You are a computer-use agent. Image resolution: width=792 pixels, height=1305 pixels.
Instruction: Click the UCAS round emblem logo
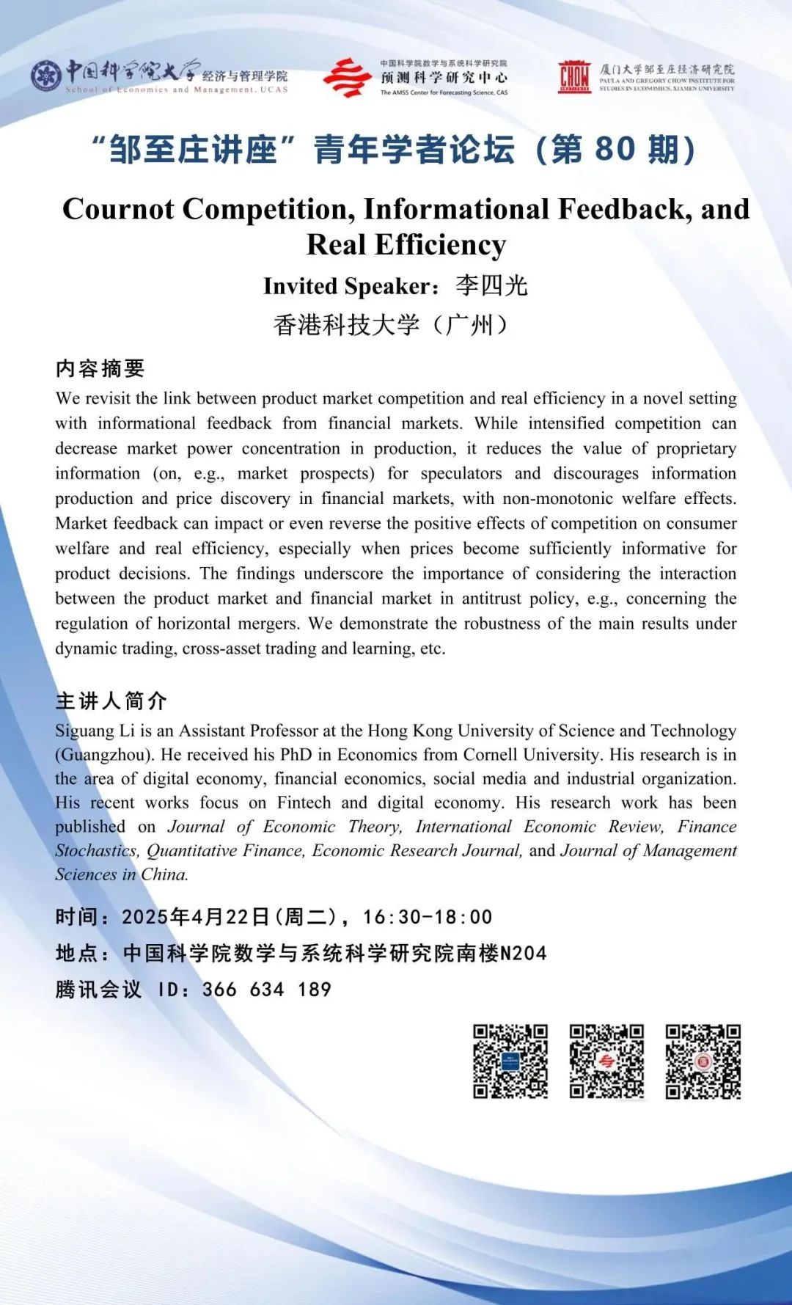click(x=46, y=76)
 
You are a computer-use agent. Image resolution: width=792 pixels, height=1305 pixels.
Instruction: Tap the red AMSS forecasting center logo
click(x=346, y=78)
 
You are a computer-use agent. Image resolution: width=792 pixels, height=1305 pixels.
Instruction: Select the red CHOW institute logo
click(x=574, y=77)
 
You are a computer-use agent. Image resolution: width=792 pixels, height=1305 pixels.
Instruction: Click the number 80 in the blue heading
click(x=614, y=149)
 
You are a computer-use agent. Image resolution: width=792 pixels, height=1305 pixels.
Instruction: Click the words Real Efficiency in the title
click(x=406, y=245)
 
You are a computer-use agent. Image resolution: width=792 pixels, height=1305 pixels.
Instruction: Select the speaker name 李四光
click(x=491, y=285)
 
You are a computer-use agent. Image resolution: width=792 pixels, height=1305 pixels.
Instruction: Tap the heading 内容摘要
click(x=100, y=368)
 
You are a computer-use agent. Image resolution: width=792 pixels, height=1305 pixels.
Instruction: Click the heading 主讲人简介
click(x=111, y=701)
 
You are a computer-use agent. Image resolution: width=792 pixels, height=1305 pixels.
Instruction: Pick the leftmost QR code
click(x=510, y=1061)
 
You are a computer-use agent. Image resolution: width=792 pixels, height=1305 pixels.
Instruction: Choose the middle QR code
click(x=607, y=1061)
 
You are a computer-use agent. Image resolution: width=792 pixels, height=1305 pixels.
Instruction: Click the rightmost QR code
click(x=703, y=1061)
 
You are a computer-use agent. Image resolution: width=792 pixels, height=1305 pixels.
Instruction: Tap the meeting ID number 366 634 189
click(x=267, y=990)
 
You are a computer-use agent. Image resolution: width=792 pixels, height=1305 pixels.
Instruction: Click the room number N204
click(x=524, y=954)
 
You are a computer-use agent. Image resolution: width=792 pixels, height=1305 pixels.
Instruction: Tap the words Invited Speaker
click(x=349, y=286)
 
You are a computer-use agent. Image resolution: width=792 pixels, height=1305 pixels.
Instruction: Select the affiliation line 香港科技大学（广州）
click(x=391, y=324)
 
